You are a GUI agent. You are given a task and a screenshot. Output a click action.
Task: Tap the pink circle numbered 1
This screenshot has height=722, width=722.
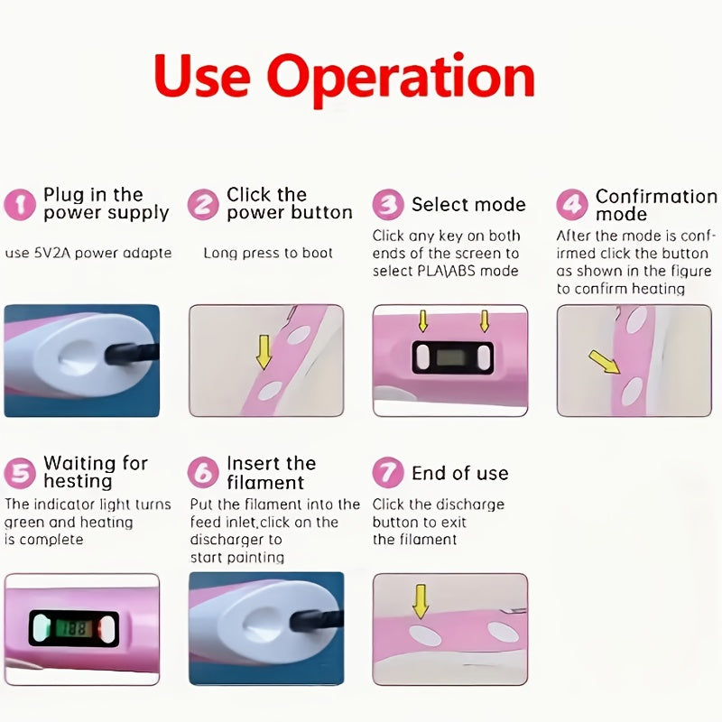click(x=20, y=205)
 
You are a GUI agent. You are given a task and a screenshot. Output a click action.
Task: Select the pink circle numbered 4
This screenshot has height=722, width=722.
click(x=572, y=204)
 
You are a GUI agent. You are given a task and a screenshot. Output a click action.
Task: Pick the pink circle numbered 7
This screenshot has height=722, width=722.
click(x=388, y=472)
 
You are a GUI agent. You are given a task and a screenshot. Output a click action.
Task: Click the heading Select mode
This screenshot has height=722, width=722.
click(x=468, y=205)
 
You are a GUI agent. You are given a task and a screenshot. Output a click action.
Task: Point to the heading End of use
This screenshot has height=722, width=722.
click(x=460, y=473)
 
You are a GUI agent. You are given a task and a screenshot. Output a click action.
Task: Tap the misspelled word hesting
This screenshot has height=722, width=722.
click(x=78, y=481)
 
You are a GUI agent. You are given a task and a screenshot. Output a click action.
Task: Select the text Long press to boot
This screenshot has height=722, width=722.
click(x=268, y=254)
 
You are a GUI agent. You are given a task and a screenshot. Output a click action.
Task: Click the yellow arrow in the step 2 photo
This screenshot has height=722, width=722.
click(x=264, y=352)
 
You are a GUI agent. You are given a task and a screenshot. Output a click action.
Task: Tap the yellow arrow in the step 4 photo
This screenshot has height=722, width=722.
click(x=605, y=362)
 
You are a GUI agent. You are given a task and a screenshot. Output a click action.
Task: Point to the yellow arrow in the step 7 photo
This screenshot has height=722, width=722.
click(x=420, y=601)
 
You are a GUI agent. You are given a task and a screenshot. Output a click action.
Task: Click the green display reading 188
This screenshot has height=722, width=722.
click(x=74, y=628)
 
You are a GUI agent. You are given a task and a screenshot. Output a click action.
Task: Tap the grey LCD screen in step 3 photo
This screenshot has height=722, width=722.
click(x=453, y=357)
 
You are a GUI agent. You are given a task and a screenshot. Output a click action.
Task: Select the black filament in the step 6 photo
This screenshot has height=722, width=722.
click(x=318, y=620)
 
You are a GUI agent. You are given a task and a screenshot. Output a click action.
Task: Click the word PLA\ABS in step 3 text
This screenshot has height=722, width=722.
click(x=446, y=271)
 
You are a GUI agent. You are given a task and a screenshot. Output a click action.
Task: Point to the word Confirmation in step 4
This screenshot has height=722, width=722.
click(x=656, y=197)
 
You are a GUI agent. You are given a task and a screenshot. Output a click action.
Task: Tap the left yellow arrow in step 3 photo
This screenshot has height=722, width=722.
click(x=422, y=321)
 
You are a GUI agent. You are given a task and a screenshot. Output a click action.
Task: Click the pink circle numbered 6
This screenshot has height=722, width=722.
click(x=203, y=472)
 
